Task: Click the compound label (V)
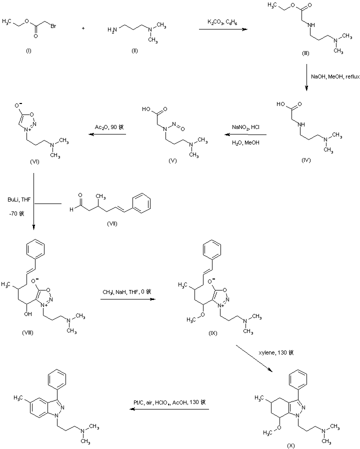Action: [174, 161]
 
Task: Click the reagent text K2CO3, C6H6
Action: [223, 22]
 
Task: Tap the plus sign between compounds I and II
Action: [83, 28]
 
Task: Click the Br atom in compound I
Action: [52, 22]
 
